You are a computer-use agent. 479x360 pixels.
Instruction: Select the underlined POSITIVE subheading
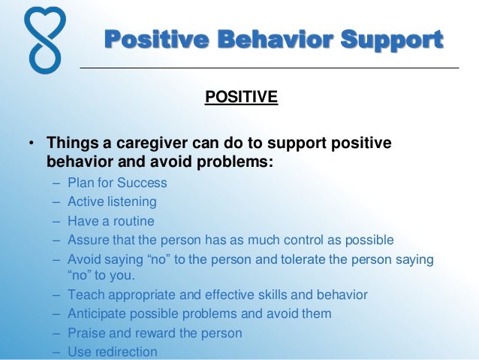pyautogui.click(x=241, y=98)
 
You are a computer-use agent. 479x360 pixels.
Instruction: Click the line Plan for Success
pyautogui.click(x=117, y=183)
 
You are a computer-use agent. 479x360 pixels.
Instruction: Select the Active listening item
pyautogui.click(x=112, y=201)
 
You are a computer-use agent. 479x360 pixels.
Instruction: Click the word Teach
pyautogui.click(x=83, y=295)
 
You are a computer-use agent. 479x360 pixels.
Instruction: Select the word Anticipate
pyautogui.click(x=97, y=313)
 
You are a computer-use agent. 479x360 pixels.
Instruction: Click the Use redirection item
pyautogui.click(x=113, y=352)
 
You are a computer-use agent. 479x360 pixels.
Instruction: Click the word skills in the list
pyautogui.click(x=259, y=295)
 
